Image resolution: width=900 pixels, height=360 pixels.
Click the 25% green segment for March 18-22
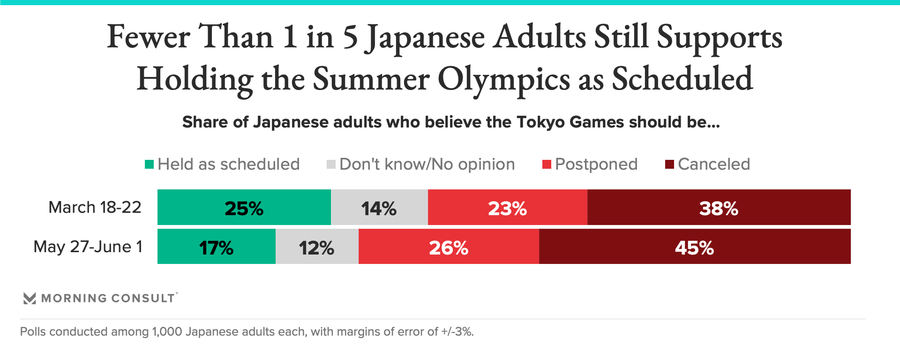[244, 208]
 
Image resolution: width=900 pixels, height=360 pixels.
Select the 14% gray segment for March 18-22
[379, 208]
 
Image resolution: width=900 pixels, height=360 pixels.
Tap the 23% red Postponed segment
[507, 208]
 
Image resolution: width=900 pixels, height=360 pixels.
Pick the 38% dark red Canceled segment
[719, 208]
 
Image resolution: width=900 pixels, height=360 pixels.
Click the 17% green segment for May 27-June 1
[216, 247]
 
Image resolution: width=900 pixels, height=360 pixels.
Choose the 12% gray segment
[316, 247]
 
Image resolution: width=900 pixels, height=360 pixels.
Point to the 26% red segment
[449, 247]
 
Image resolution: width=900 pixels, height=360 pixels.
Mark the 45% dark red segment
[694, 247]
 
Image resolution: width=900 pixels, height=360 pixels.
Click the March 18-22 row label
[95, 207]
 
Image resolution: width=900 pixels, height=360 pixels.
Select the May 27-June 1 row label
[88, 247]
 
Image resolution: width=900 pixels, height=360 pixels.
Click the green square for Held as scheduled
[149, 164]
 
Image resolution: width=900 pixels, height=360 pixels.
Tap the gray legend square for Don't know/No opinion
[331, 164]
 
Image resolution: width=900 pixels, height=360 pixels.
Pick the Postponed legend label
[596, 164]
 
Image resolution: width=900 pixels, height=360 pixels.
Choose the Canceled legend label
[713, 164]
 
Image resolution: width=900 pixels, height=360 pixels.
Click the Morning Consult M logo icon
[30, 298]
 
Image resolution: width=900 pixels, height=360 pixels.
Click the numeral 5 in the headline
[350, 37]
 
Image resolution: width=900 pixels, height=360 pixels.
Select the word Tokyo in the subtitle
[541, 122]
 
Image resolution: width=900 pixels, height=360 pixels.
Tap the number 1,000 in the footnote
[167, 332]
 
